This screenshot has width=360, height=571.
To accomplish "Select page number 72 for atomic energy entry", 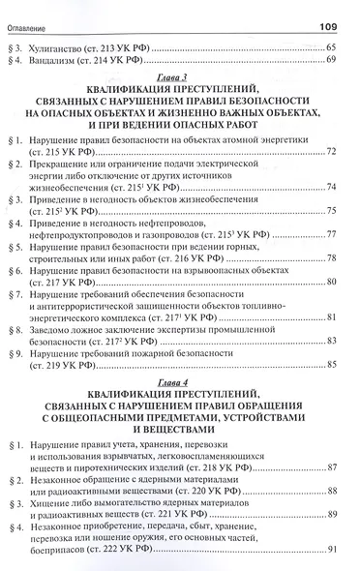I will (x=331, y=153).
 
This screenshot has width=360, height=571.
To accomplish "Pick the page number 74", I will (x=331, y=187).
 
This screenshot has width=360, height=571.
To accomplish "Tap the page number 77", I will (x=331, y=234).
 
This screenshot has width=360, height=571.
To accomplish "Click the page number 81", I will (x=331, y=317).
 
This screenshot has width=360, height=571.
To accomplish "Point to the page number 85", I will (x=331, y=365).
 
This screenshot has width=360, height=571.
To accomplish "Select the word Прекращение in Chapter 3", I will (x=64, y=165).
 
